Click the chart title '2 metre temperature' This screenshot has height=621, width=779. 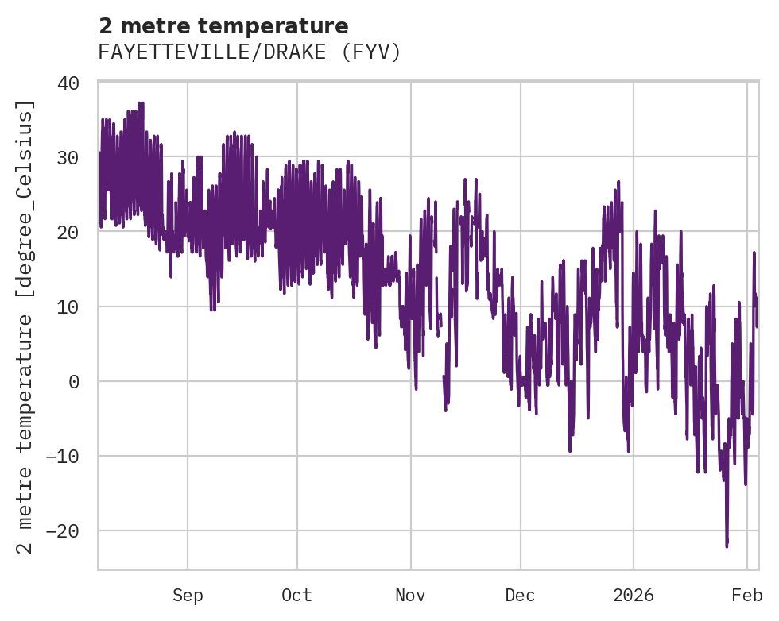pos(223,26)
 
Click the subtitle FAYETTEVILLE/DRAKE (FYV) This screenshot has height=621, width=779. pos(249,52)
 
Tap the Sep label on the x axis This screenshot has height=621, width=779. pos(188,596)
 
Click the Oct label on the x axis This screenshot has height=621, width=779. pos(296,596)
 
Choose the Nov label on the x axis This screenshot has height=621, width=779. pos(411,596)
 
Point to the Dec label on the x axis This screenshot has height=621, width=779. pos(520,596)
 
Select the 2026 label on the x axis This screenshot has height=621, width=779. pos(634,596)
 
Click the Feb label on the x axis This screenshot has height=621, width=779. pos(747,596)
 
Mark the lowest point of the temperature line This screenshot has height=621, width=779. pos(727,546)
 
